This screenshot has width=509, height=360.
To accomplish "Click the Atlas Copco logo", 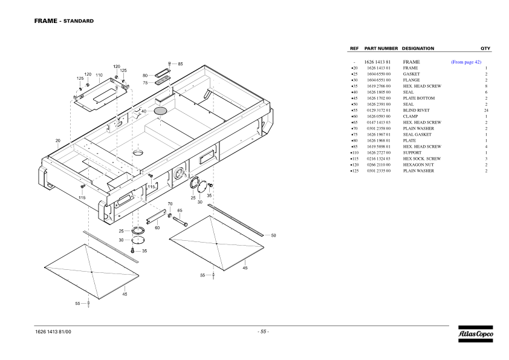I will tap(475, 333).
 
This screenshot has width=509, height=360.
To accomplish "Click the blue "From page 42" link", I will tap(466, 62).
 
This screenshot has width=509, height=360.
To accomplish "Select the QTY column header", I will tap(485, 48).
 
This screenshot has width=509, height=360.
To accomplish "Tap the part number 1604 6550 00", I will tap(378, 74).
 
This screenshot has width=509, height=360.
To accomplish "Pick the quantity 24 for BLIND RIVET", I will tap(485, 110).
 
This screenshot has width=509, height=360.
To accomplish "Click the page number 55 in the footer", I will tap(263, 332).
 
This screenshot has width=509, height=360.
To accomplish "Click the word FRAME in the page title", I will tap(45, 21).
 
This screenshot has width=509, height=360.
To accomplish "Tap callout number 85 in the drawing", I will tap(180, 64).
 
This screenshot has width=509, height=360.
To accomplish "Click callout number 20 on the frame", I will tap(58, 140).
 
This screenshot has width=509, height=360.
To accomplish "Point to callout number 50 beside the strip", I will tap(273, 235).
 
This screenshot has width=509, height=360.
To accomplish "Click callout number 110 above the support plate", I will tap(99, 76).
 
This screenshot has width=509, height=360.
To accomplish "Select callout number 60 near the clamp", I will tap(157, 227).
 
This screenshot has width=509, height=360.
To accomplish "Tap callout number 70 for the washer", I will tap(170, 205).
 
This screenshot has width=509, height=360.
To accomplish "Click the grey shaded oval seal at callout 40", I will tap(160, 111).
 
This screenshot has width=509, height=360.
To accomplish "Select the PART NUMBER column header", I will tap(381, 48).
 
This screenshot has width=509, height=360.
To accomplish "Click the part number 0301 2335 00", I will tap(378, 171).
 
